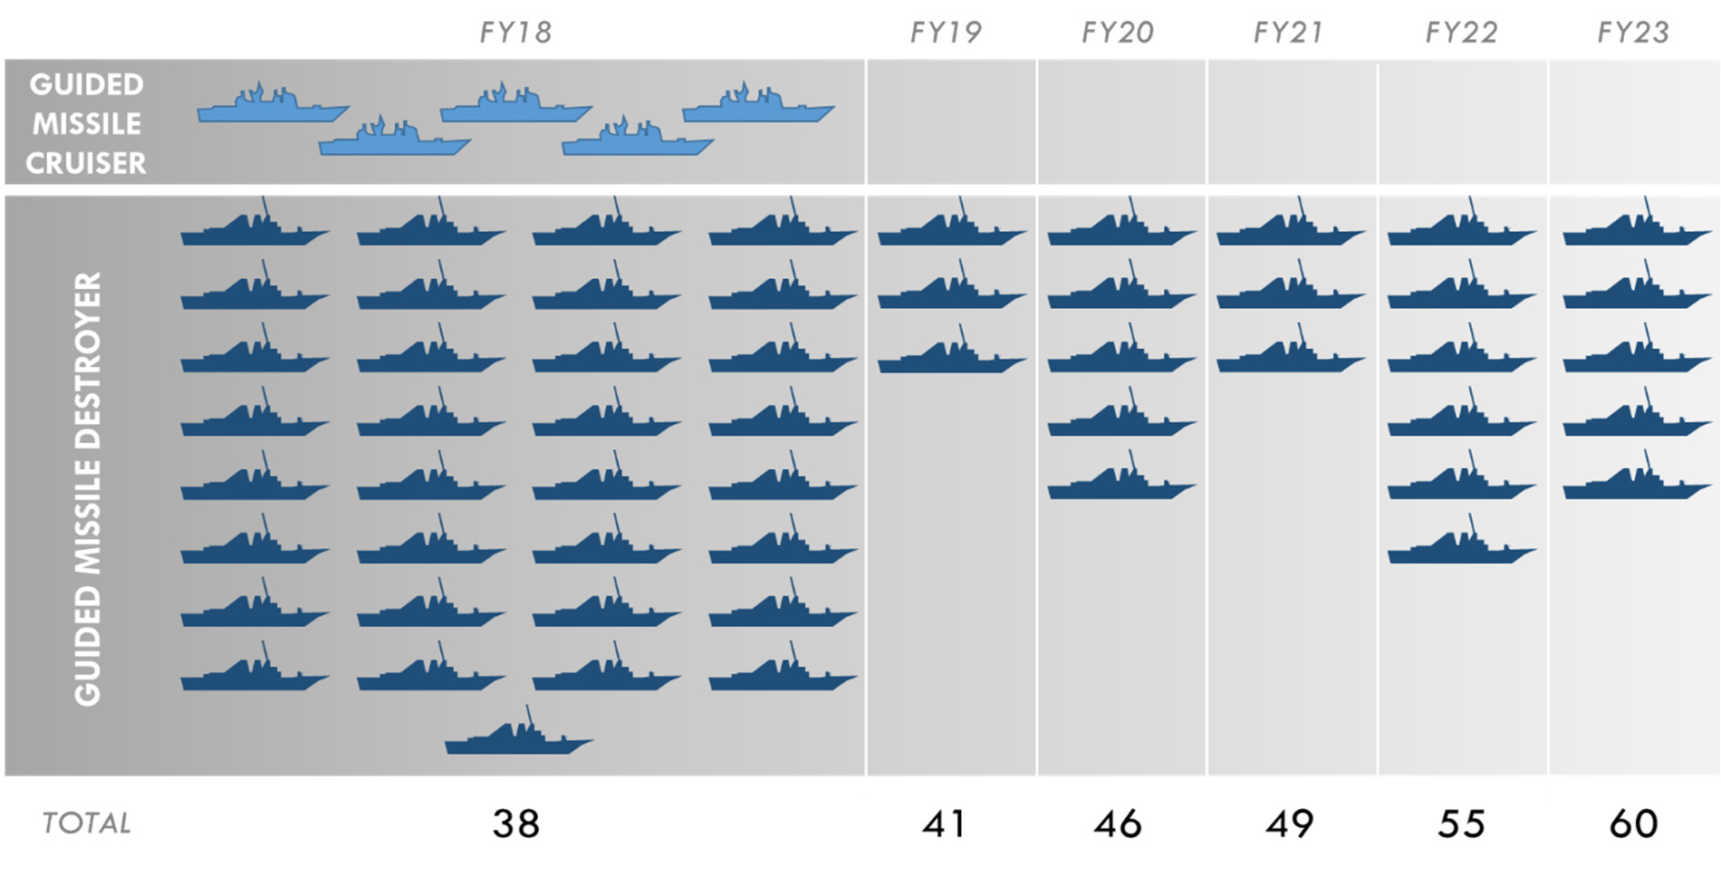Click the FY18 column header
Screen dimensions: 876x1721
pos(514,33)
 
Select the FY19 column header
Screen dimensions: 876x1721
pos(945,33)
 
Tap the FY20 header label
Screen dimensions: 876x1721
pos(1117,33)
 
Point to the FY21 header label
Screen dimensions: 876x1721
pos(1288,33)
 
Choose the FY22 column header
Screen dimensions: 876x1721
pos(1460,33)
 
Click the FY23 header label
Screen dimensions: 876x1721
pos(1632,33)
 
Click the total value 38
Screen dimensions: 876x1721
pos(515,823)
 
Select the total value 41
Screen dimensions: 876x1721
pos(944,823)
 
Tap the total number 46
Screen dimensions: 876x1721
pos(1117,823)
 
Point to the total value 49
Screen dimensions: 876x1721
pos(1288,823)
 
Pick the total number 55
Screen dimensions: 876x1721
pos(1460,823)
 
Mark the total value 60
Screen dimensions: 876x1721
pos(1633,823)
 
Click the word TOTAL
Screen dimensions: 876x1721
pos(87,823)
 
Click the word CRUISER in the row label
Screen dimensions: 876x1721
pos(86,163)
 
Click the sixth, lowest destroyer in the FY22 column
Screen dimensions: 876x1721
pos(1460,547)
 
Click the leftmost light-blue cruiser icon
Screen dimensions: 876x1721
pos(272,107)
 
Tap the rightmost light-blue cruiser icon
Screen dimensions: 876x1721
pos(757,107)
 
